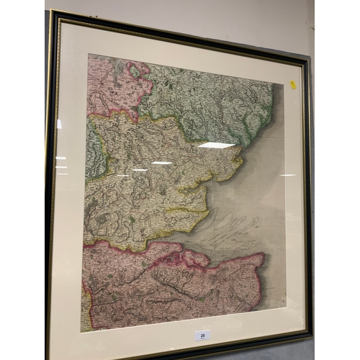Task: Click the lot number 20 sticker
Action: point(202,335)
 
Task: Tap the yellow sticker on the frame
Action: point(293,85)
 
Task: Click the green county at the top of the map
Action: point(209,101)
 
